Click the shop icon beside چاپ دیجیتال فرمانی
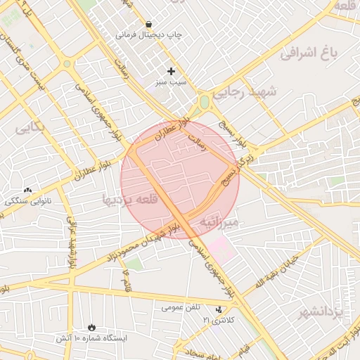[149, 23]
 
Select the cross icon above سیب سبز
[171, 71]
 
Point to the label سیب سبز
[171, 82]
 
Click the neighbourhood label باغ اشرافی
[309, 52]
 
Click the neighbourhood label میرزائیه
[220, 222]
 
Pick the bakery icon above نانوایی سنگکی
[28, 190]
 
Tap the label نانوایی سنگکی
[23, 201]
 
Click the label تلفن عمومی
[181, 307]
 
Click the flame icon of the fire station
[92, 327]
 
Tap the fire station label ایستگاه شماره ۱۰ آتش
[92, 338]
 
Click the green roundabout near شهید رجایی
[205, 103]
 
